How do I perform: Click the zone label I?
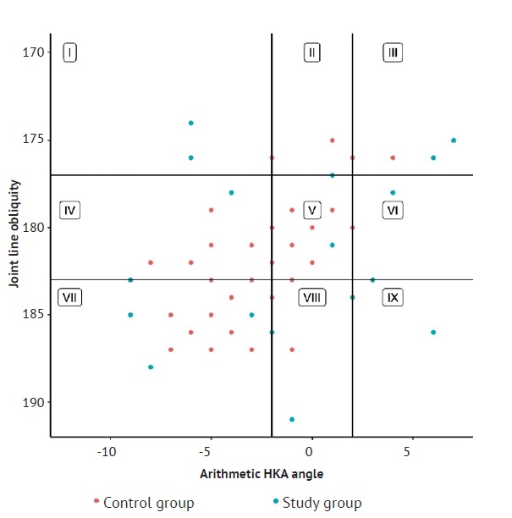click(70, 52)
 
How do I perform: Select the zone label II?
click(312, 52)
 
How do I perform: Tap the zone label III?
click(393, 52)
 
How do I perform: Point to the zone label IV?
click(70, 210)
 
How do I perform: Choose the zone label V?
click(312, 210)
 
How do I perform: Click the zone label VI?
click(393, 210)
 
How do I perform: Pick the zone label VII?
click(69, 297)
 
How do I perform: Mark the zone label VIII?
click(312, 297)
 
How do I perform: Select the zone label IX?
click(393, 297)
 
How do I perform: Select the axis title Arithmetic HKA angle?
click(261, 472)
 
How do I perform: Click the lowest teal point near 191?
click(292, 419)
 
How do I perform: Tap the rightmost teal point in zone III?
click(454, 141)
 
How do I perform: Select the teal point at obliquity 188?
click(151, 366)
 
